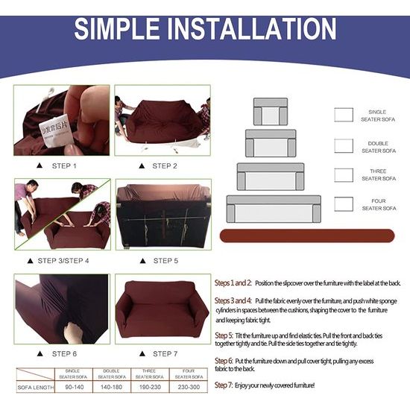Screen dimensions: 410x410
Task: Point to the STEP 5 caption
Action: (165, 261)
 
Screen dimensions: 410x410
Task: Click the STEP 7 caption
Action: (165, 353)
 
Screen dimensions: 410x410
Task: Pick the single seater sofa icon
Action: (270, 112)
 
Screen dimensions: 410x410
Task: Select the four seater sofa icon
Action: (274, 209)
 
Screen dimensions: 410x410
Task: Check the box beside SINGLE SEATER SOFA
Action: (344, 115)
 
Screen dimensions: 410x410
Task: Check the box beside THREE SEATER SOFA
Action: (344, 174)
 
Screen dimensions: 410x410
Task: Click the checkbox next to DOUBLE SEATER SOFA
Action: (344, 145)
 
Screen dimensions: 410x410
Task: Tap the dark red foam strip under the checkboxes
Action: (307, 236)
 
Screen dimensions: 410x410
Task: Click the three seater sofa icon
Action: (271, 177)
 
